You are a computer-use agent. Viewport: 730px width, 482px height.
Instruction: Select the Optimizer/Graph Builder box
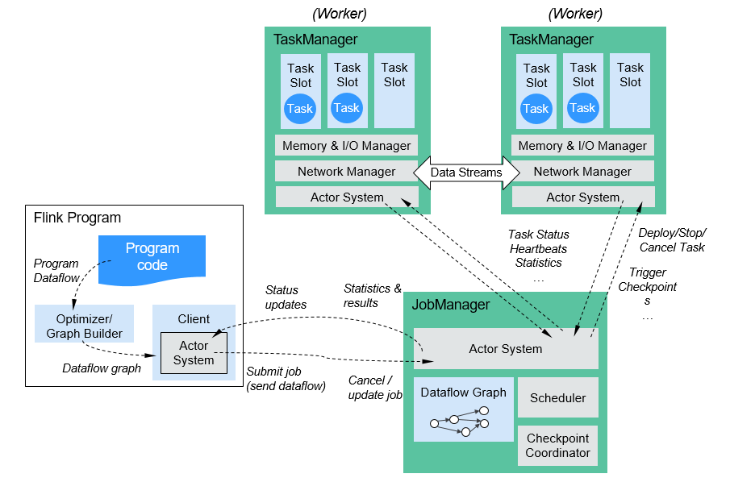tap(84, 326)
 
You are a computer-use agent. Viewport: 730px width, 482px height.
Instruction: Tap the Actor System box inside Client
tap(194, 352)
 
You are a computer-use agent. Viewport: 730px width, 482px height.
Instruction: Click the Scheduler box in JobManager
tap(557, 398)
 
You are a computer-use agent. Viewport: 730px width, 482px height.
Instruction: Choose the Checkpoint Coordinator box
tap(557, 446)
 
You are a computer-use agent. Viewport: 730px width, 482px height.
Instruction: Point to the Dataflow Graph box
tap(463, 409)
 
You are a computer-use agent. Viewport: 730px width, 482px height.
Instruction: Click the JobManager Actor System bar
tap(505, 348)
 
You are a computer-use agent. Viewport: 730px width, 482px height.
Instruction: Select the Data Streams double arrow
tap(465, 172)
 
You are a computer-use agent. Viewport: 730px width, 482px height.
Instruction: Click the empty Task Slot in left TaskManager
tap(394, 90)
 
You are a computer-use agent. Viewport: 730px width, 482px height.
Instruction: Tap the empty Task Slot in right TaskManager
tap(630, 90)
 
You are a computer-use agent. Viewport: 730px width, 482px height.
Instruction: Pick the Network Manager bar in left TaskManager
tap(346, 172)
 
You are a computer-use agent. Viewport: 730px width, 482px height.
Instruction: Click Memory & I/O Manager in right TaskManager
tap(582, 146)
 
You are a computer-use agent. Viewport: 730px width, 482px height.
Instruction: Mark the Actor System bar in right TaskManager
tap(582, 197)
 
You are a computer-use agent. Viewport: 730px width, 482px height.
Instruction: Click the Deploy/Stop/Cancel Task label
tap(671, 240)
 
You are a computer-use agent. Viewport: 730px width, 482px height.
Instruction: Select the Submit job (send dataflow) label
tap(285, 379)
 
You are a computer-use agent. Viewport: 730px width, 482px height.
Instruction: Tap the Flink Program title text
tap(77, 218)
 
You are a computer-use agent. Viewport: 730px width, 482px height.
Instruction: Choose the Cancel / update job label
tap(374, 387)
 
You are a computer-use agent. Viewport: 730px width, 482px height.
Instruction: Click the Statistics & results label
tap(372, 295)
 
